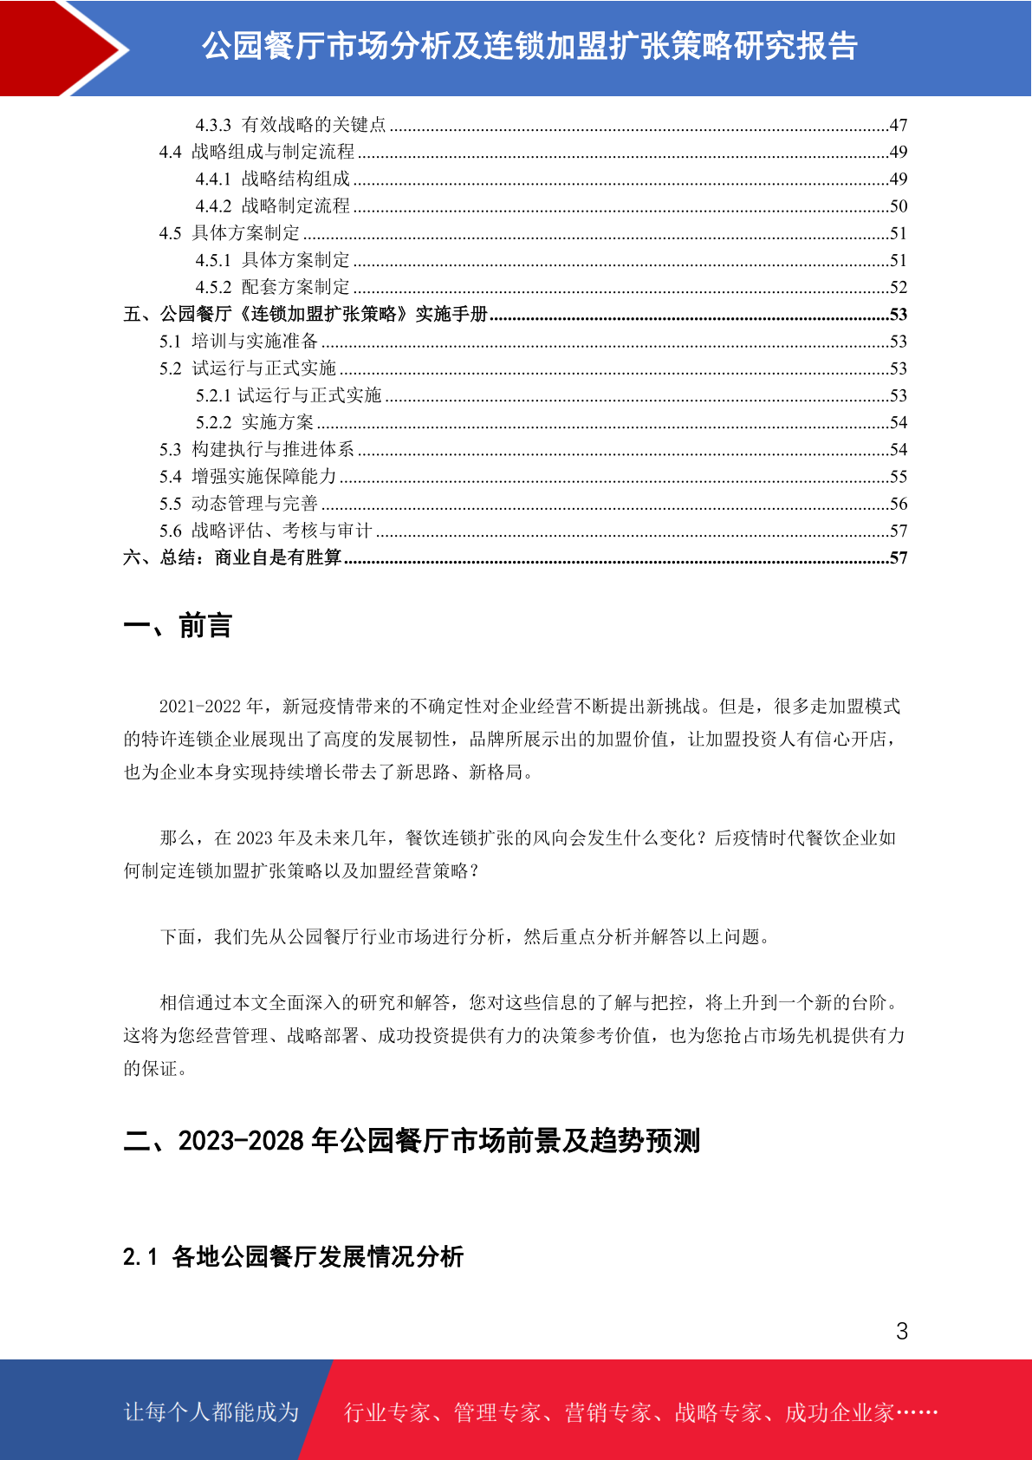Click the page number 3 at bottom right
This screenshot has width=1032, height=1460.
pyautogui.click(x=902, y=1332)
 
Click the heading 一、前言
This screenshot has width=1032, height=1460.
pyautogui.click(x=178, y=625)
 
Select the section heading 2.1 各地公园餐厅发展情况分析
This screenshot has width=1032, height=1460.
pyautogui.click(x=293, y=1256)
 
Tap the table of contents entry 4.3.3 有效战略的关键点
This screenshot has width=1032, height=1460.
pyautogui.click(x=290, y=125)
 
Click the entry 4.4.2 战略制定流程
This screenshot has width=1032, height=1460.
pyautogui.click(x=273, y=206)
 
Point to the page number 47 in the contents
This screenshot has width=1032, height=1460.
pyautogui.click(x=898, y=126)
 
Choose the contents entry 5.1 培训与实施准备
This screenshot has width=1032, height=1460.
pyautogui.click(x=238, y=342)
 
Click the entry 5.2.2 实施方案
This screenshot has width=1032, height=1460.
pyautogui.click(x=255, y=423)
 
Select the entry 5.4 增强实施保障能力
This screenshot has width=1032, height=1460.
pyautogui.click(x=248, y=477)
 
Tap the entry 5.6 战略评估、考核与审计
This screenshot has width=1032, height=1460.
pyautogui.click(x=265, y=531)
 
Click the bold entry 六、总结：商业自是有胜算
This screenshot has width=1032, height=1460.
pyautogui.click(x=232, y=557)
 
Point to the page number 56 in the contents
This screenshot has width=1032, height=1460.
pyautogui.click(x=898, y=504)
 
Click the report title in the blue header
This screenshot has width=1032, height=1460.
pyautogui.click(x=529, y=47)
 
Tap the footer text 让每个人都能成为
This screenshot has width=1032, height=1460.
pyautogui.click(x=211, y=1412)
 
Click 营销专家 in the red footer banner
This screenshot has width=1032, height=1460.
pyautogui.click(x=607, y=1413)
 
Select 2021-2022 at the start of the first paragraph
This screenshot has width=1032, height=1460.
pyautogui.click(x=200, y=707)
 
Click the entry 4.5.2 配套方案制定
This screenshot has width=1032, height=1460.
pyautogui.click(x=273, y=288)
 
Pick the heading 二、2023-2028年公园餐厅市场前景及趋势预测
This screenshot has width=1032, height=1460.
pyautogui.click(x=412, y=1141)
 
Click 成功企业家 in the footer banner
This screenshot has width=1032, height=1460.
pyautogui.click(x=839, y=1413)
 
